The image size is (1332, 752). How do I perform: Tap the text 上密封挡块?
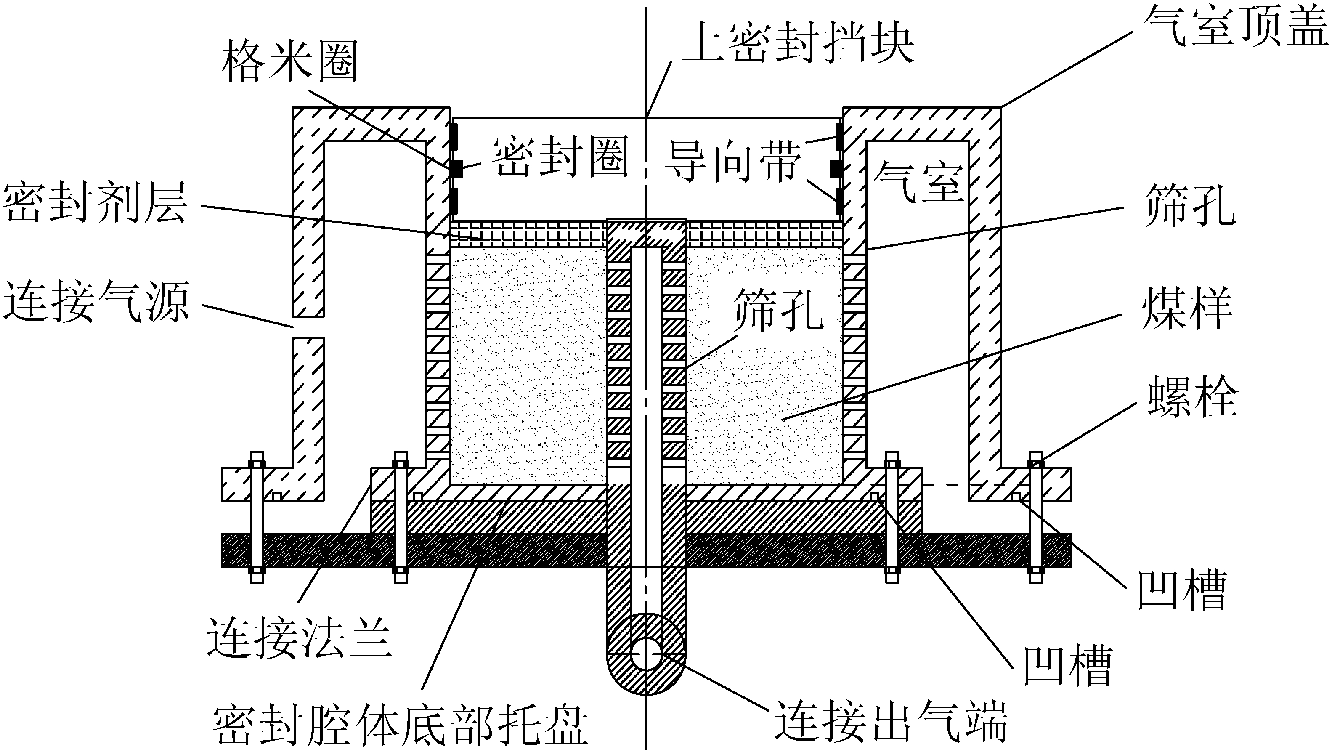pyautogui.click(x=798, y=43)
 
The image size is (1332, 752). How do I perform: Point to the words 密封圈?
pyautogui.click(x=560, y=157)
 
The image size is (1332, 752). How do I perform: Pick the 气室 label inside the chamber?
pyautogui.click(x=918, y=182)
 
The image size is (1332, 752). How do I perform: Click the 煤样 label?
pyautogui.click(x=1187, y=308)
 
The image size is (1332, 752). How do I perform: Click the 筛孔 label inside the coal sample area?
pyautogui.click(x=779, y=309)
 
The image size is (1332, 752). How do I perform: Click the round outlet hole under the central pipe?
pyautogui.click(x=646, y=654)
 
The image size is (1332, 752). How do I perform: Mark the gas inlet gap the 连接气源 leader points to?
pyautogui.click(x=308, y=327)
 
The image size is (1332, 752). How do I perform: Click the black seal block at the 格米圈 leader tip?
pyautogui.click(x=456, y=168)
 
